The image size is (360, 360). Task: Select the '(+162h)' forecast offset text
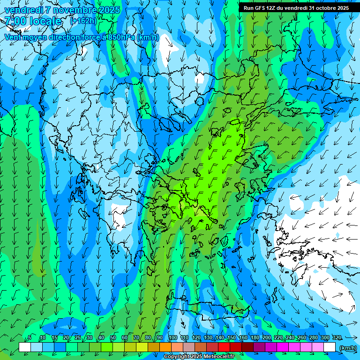point(83,21)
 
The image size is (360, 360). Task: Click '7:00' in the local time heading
point(15,21)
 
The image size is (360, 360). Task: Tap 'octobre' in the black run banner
point(327,8)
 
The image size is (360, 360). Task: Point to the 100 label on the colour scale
point(172,337)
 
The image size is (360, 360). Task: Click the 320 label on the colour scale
point(337,337)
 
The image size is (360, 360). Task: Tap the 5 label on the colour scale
point(30,337)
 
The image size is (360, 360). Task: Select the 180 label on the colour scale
point(254,337)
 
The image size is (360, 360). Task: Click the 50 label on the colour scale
point(113,337)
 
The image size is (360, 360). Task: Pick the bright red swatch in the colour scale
point(224,347)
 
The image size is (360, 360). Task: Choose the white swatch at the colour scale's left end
point(25,347)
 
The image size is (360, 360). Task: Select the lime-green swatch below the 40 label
point(107,347)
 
